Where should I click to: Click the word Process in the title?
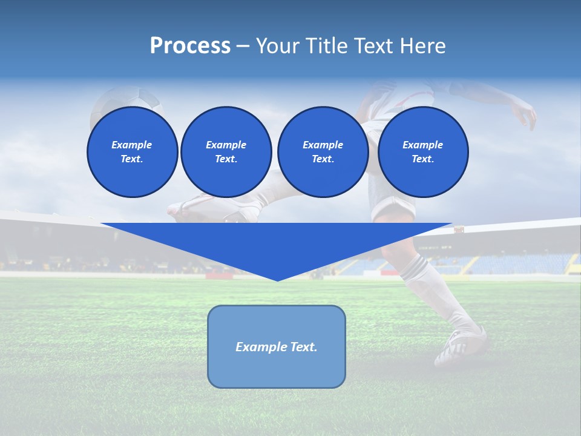[190, 46]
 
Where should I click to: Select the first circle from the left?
[132, 152]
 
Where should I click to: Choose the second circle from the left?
[226, 152]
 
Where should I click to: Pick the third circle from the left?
[323, 152]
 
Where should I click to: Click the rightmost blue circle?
[422, 152]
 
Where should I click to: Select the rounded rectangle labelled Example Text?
[277, 346]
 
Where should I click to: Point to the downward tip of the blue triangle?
[277, 279]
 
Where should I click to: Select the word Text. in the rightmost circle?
[422, 159]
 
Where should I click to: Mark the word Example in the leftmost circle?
[132, 145]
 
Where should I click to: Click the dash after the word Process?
[243, 46]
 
